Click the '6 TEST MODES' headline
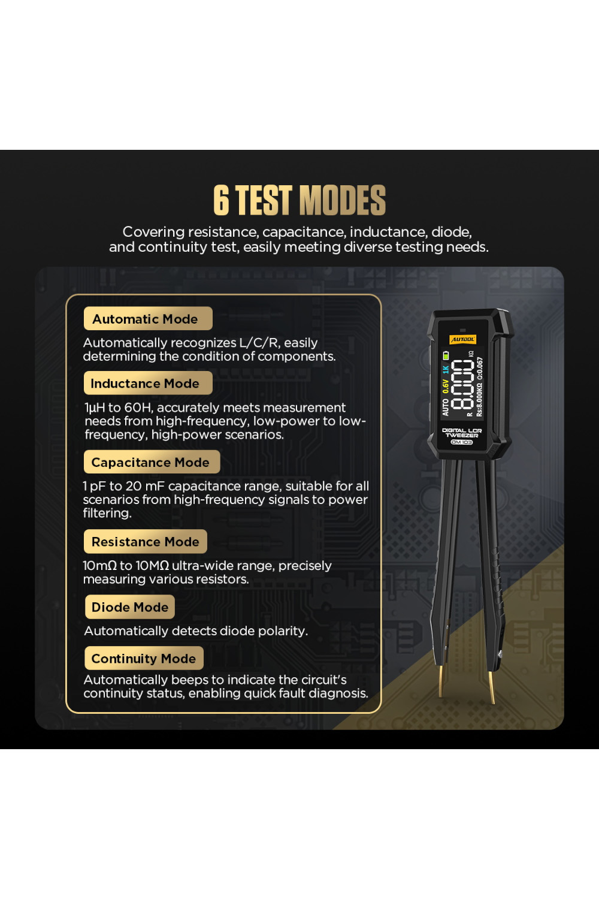point(299,200)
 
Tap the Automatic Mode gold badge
point(148,319)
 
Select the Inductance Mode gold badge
point(148,383)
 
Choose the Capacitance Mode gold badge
point(152,462)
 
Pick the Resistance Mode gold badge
point(146,541)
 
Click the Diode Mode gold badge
point(130,607)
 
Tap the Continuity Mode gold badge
point(144,658)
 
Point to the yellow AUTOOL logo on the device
point(462,340)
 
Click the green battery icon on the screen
point(446,355)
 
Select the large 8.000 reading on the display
point(462,384)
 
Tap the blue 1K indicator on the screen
point(445,369)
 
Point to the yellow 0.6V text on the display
point(445,386)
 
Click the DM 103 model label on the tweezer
point(462,442)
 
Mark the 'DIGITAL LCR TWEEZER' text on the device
point(462,433)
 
